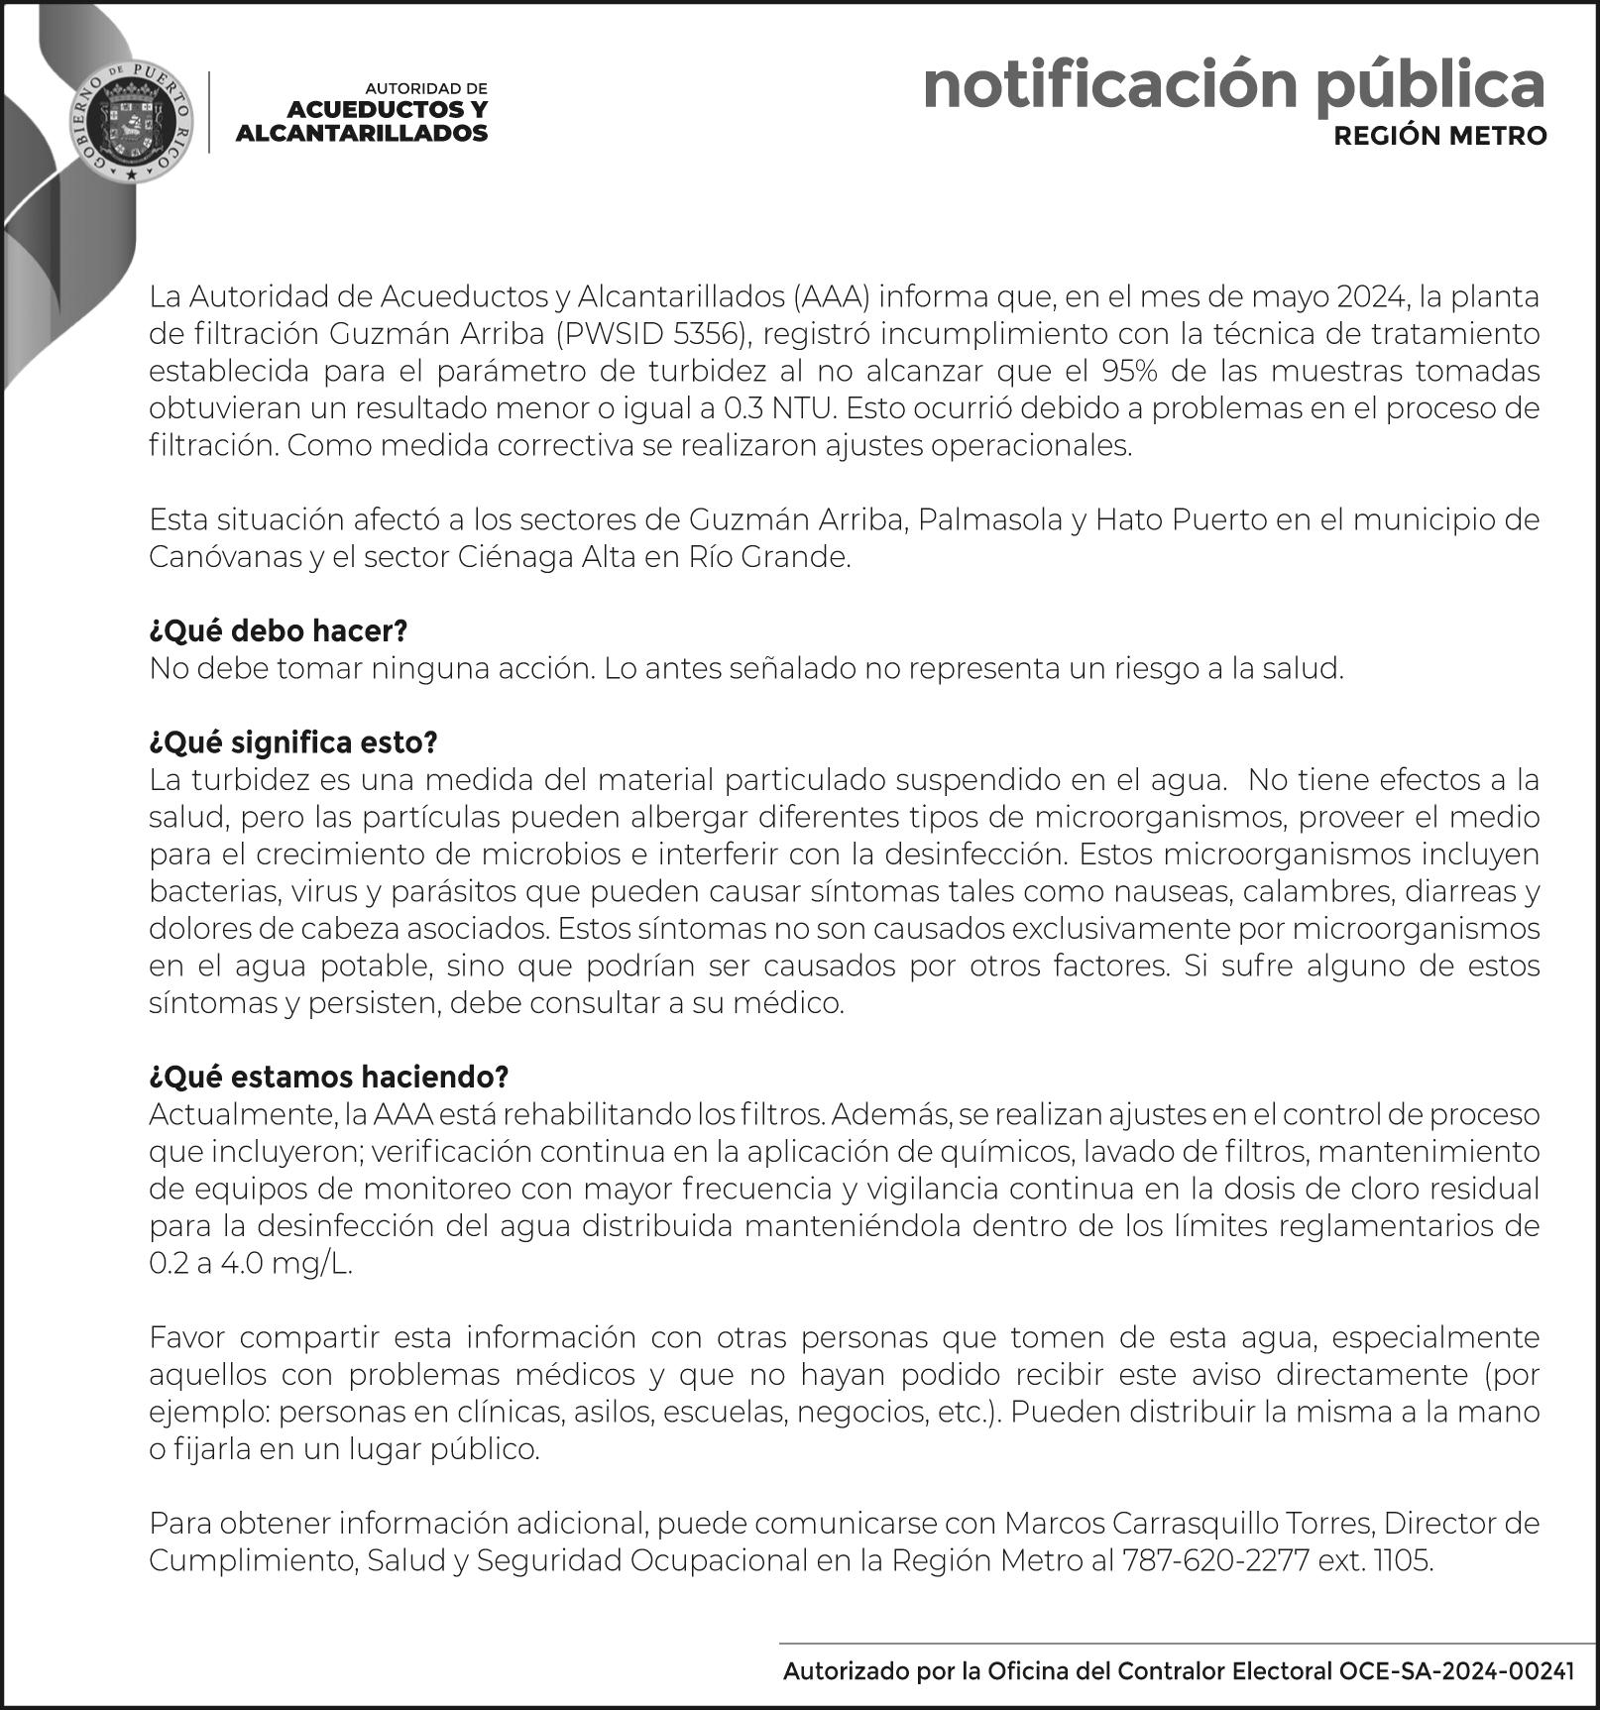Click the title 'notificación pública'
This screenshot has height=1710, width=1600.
(1233, 85)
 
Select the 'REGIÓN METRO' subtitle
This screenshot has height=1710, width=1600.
(1439, 136)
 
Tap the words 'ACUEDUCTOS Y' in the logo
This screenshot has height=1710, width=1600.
(388, 110)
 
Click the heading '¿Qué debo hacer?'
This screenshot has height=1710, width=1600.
(279, 631)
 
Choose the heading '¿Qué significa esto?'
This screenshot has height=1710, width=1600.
(293, 742)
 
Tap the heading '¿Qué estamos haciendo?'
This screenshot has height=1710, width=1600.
(328, 1077)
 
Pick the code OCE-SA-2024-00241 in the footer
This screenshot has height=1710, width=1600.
(1456, 1671)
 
